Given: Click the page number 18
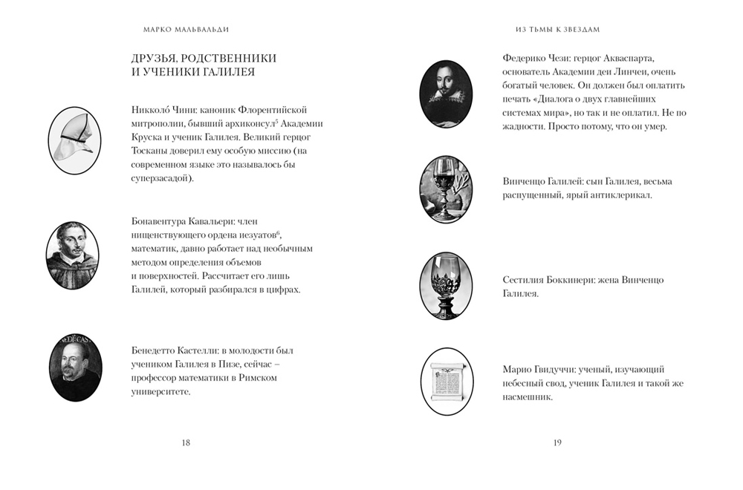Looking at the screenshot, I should (186, 442).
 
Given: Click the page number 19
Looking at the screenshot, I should (557, 442).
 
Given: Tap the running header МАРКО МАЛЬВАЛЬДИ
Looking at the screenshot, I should (185, 30).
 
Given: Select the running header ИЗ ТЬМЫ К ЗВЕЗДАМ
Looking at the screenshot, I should (557, 30).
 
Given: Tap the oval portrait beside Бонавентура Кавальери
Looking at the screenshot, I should (72, 255).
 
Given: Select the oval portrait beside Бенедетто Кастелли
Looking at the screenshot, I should (75, 366).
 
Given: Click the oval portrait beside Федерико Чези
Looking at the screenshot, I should (446, 93).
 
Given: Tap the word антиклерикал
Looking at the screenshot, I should (620, 195).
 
